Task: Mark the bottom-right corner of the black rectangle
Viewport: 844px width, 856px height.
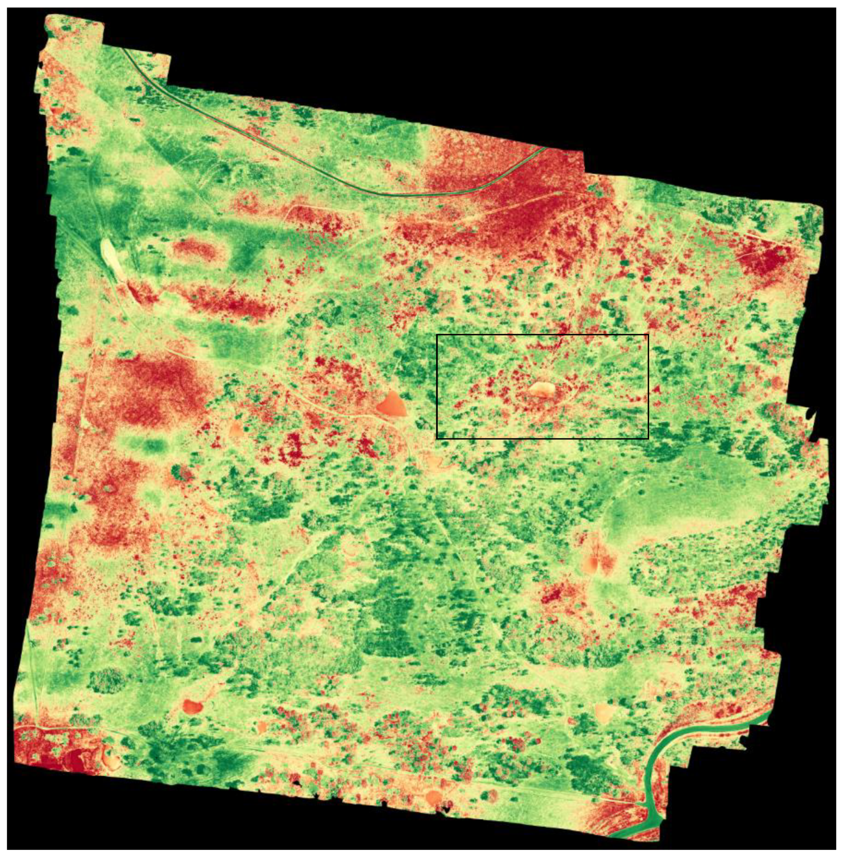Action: point(649,439)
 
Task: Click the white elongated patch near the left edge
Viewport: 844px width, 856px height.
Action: point(111,255)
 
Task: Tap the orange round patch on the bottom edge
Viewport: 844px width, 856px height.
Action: point(432,797)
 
